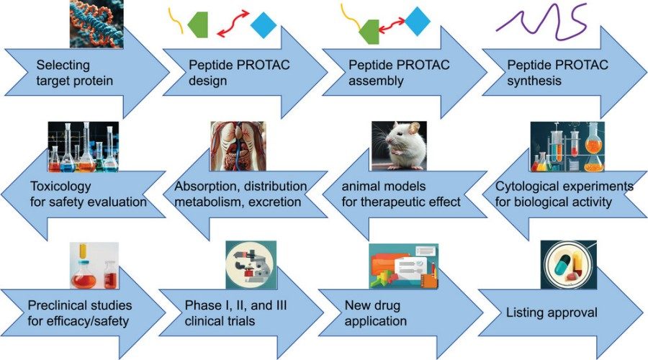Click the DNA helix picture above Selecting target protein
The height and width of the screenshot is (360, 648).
coord(97,24)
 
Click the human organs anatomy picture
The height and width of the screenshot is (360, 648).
coord(238,147)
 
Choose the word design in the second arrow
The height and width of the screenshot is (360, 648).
coord(207,81)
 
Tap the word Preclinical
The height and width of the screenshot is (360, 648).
coord(60,305)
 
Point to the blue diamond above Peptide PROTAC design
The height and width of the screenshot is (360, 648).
coord(264,25)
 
